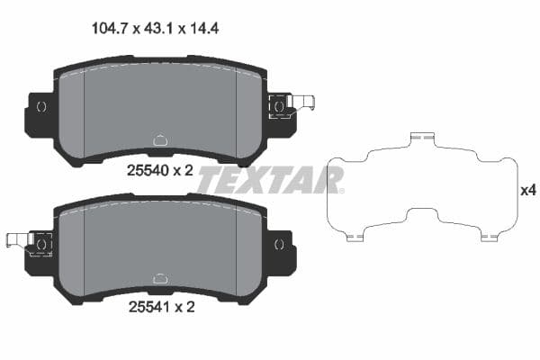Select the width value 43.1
159,28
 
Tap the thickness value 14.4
203,28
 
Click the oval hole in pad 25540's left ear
40,106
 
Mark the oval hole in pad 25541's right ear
279,243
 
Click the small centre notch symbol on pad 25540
160,139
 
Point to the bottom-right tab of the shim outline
489,238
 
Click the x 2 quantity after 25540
184,168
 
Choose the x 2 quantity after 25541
184,307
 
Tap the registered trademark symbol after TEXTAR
341,190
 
